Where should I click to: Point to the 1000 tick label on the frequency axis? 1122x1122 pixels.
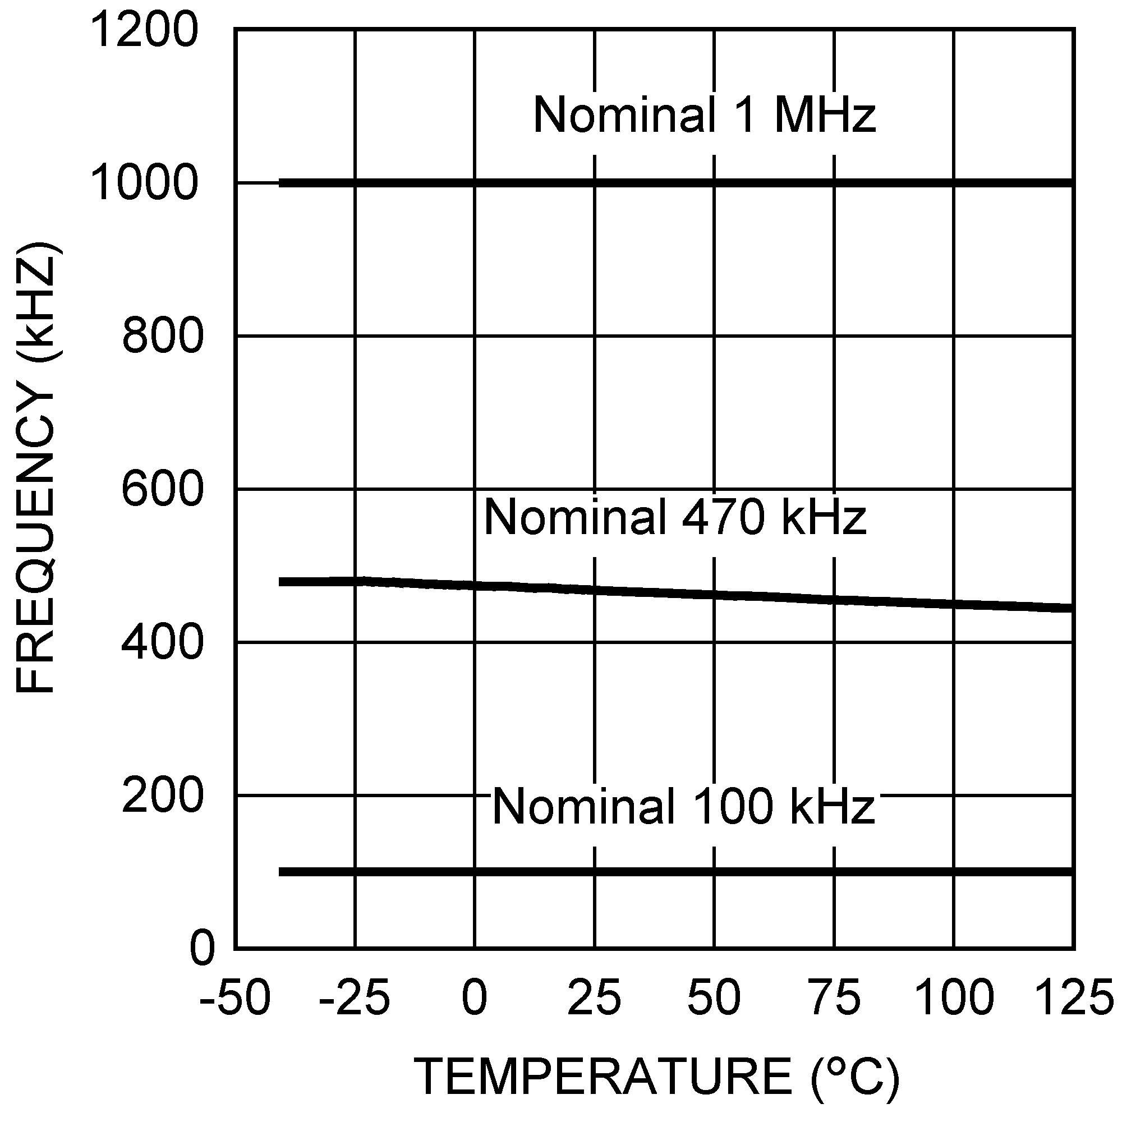pos(145,183)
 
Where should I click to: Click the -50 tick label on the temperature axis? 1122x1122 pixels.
pos(234,997)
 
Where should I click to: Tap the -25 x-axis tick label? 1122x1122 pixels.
pos(354,997)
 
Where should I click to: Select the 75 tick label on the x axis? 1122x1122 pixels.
pos(834,997)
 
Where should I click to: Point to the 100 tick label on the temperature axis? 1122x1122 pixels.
pos(954,997)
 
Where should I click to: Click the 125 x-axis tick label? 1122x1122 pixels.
pos(1074,997)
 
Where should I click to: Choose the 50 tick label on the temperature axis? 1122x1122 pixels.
pos(714,997)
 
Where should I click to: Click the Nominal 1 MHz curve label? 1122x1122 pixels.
pos(704,114)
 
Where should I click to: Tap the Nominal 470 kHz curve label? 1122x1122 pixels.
pos(675,516)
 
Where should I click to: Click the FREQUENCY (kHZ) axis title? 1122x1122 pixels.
pos(36,467)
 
